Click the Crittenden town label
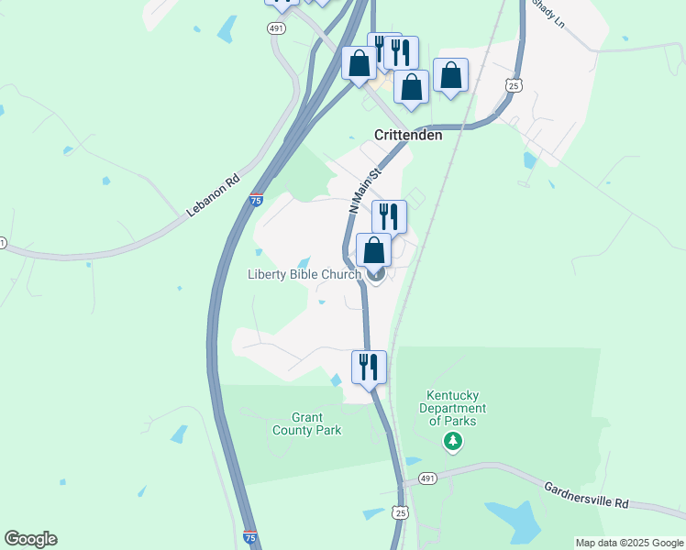click(408, 135)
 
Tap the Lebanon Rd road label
click(213, 195)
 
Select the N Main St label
click(364, 191)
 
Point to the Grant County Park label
click(306, 423)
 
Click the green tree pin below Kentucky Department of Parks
click(452, 442)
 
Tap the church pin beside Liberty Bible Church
click(375, 273)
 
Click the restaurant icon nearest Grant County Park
click(369, 367)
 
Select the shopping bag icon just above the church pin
click(373, 249)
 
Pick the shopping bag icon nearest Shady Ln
click(450, 75)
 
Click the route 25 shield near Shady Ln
click(514, 85)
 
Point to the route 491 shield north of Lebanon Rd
click(276, 29)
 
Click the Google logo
click(30, 539)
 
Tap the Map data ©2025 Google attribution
click(629, 543)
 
